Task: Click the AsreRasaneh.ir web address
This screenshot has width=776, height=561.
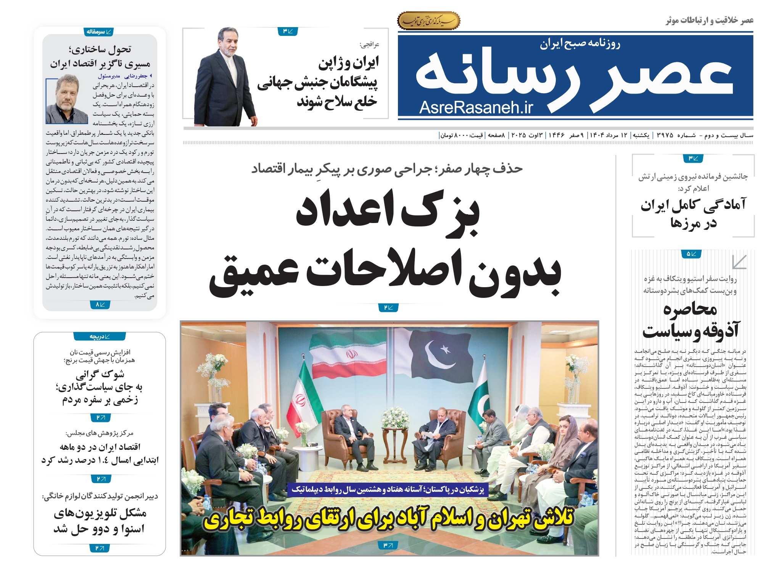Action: (x=476, y=108)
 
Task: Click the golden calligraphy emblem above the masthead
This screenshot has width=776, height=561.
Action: (x=429, y=21)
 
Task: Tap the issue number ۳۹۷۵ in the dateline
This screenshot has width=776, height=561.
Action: (x=665, y=135)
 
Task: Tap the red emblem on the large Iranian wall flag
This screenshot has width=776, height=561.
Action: (x=351, y=354)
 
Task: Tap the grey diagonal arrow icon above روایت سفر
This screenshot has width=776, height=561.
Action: (x=739, y=262)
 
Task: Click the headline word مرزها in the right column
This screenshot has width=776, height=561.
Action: (x=694, y=223)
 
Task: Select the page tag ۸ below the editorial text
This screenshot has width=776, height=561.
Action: (x=100, y=304)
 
